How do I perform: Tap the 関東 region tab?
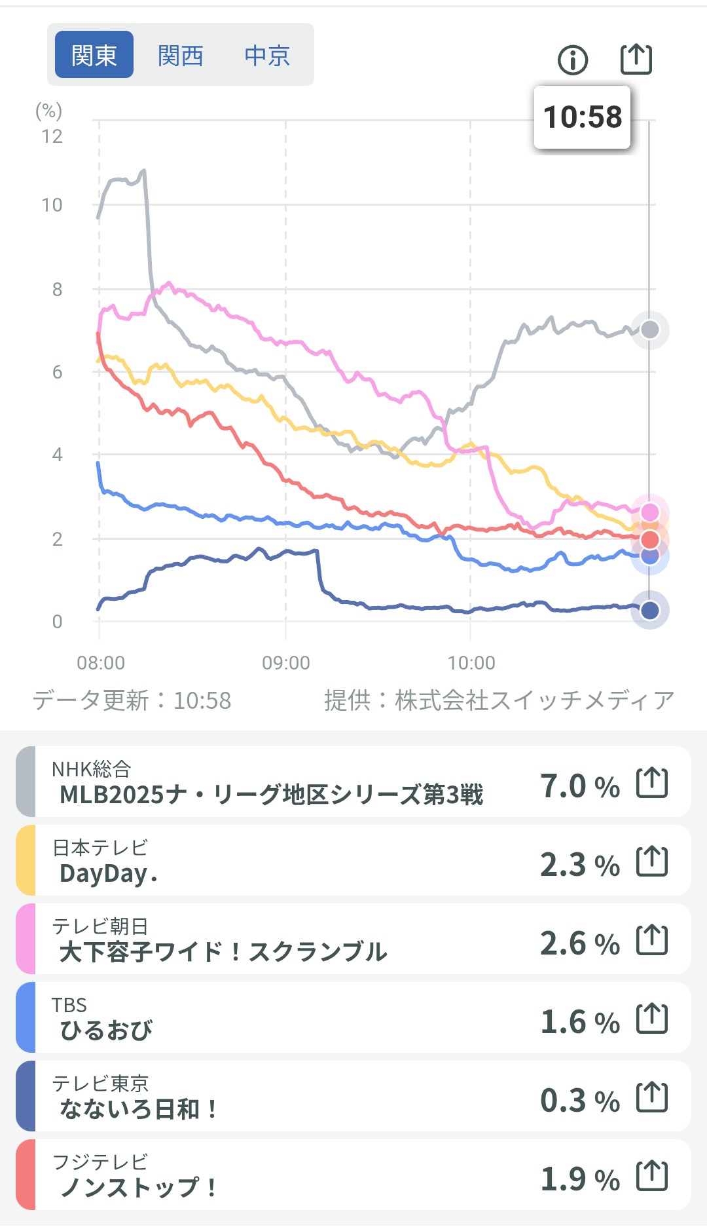pos(94,55)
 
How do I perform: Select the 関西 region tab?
pos(180,56)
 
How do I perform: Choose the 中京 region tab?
pos(267,56)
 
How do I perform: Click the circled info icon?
pos(573,60)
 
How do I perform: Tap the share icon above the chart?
pos(636,59)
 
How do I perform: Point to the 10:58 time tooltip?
pos(582,117)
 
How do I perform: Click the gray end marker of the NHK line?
pos(649,330)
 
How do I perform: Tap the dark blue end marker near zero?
pos(649,611)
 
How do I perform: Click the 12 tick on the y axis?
pos(52,136)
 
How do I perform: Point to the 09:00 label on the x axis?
pos(286,663)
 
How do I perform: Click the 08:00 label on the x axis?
pos(101,663)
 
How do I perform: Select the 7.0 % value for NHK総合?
pos(579,786)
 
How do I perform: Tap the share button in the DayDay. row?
pos(652,861)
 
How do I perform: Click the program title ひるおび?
pos(106,1031)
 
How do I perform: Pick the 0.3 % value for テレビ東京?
pos(579,1101)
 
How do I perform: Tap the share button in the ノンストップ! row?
pos(652,1175)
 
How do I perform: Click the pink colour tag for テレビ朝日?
pos(26,939)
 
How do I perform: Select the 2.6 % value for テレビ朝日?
pos(579,943)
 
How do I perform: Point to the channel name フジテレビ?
pos(100,1162)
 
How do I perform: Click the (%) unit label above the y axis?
pos(48,111)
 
